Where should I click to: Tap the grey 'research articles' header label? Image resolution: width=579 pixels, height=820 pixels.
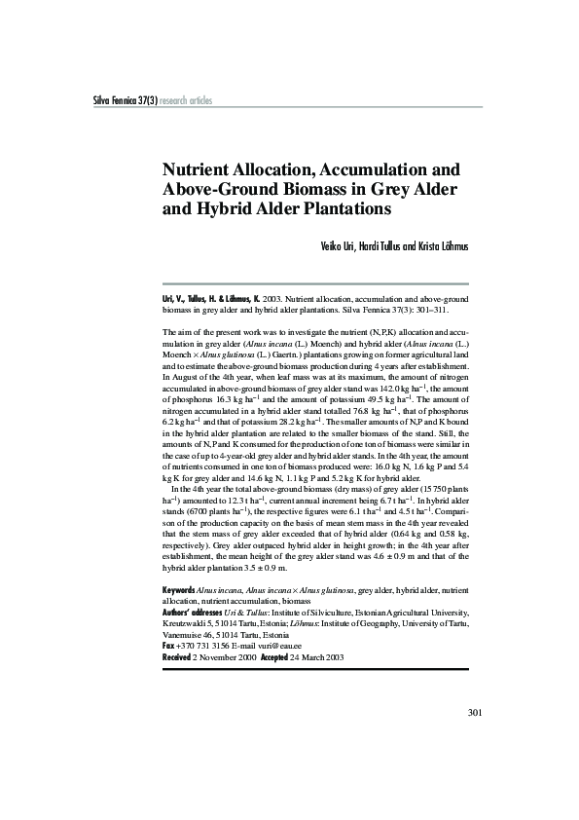click(185, 101)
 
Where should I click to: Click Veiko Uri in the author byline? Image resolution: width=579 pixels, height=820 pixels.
click(339, 246)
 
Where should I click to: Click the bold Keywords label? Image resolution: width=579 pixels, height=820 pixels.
click(179, 590)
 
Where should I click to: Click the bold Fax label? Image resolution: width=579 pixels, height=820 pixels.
click(168, 646)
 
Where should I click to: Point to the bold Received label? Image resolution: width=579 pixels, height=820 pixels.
click(177, 657)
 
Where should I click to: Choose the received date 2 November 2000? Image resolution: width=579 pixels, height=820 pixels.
click(225, 657)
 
